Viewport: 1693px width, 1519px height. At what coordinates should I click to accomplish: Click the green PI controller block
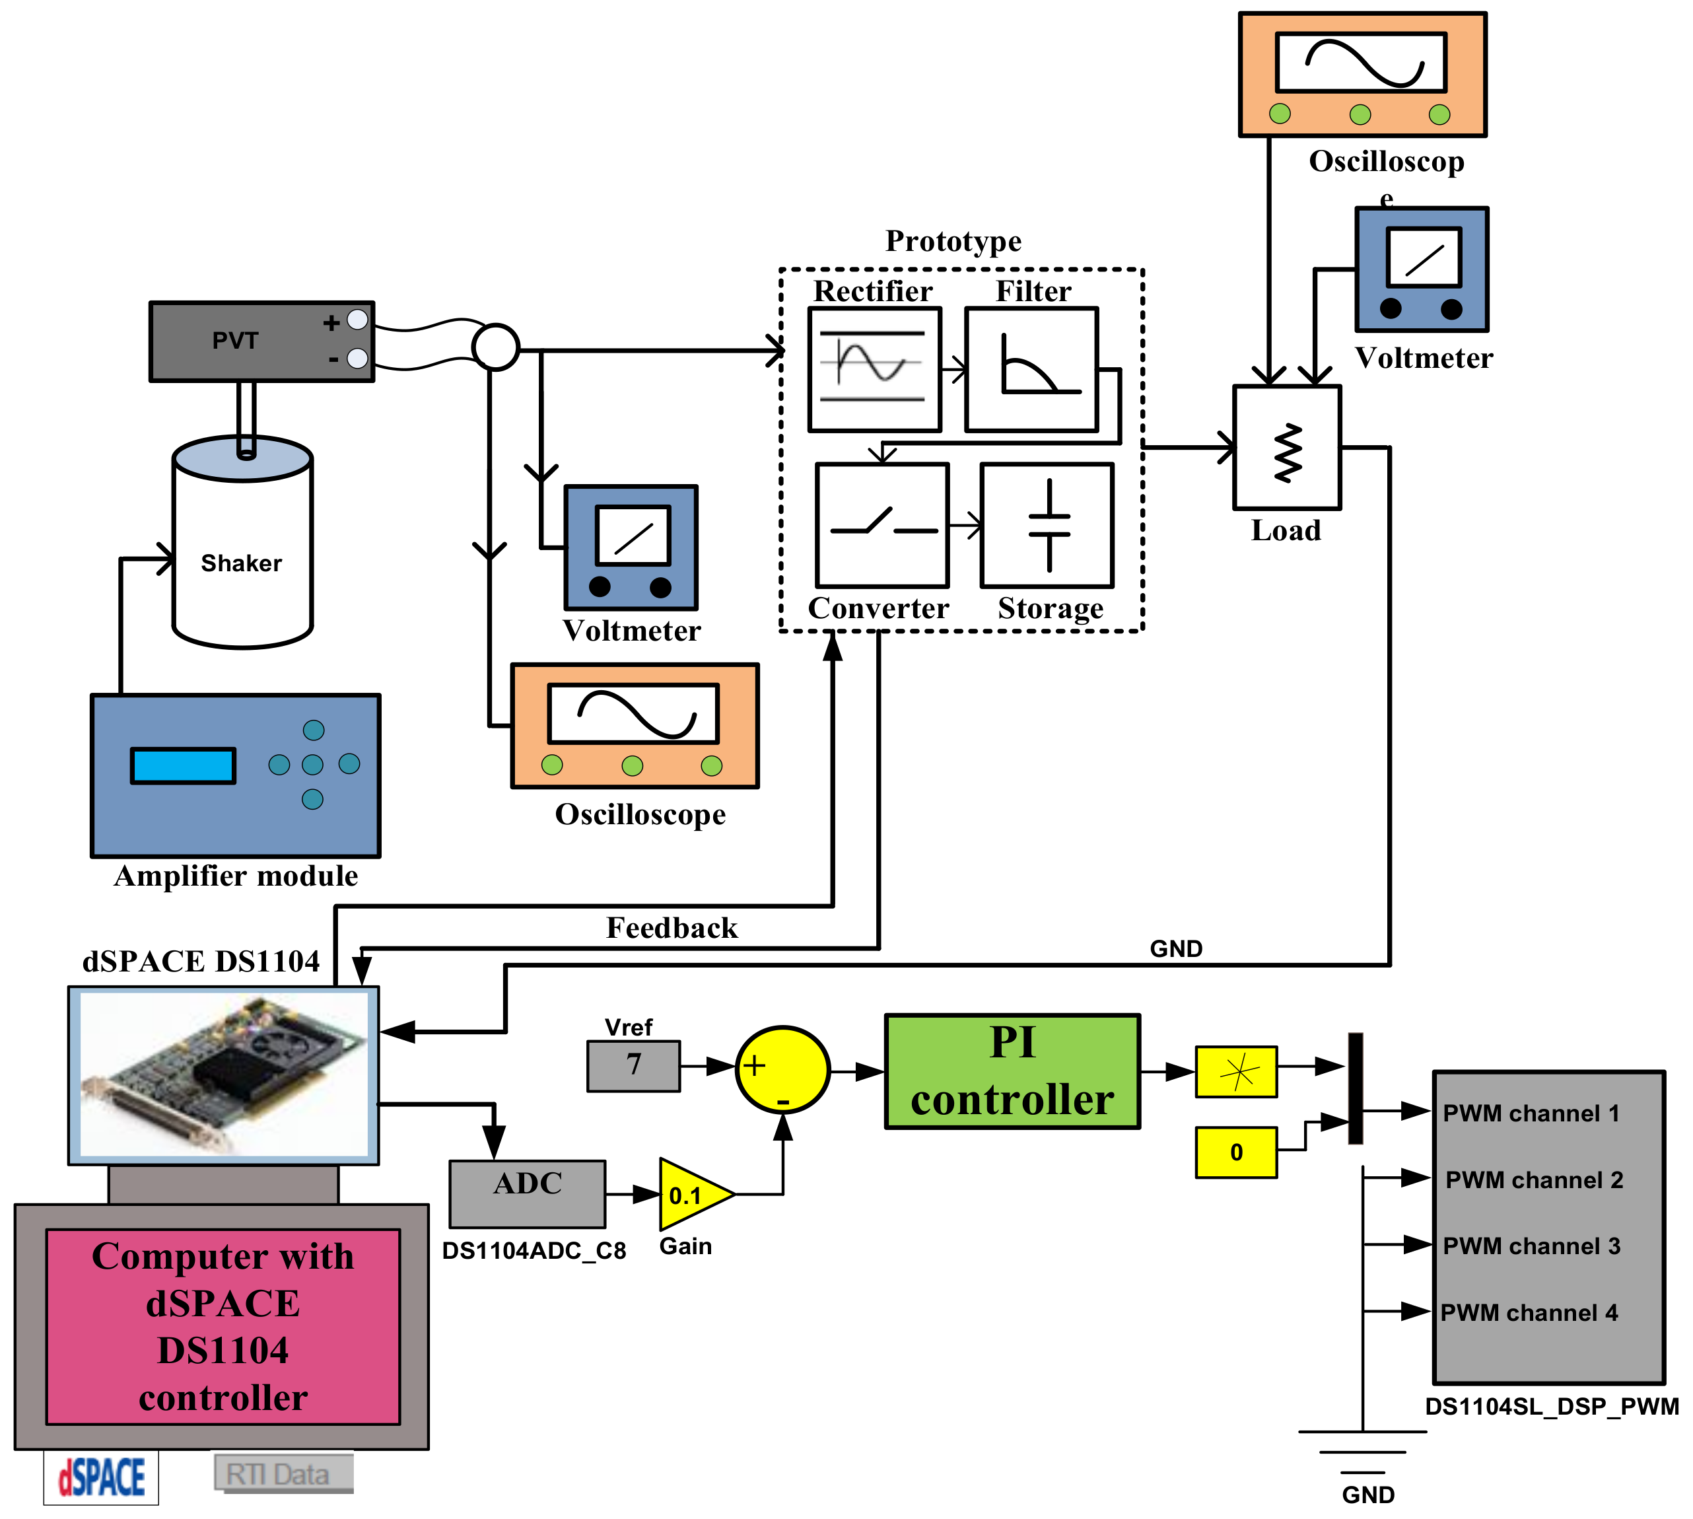click(x=1012, y=1072)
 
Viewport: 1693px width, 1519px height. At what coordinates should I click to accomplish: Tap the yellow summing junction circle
click(x=782, y=1069)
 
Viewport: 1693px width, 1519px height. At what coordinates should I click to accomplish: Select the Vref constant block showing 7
click(x=633, y=1066)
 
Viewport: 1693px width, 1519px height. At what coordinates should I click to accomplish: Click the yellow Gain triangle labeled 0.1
click(x=690, y=1194)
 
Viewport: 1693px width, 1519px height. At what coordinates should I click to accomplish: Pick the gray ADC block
click(x=528, y=1193)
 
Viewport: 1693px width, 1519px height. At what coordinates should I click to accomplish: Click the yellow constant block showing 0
click(x=1236, y=1152)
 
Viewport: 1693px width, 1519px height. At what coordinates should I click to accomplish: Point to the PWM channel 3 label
click(x=1531, y=1246)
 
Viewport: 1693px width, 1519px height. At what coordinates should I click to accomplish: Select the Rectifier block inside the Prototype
click(x=874, y=369)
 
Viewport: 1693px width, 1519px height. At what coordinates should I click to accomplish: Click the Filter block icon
click(x=1031, y=369)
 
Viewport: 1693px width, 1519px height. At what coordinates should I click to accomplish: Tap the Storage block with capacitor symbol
click(x=1047, y=526)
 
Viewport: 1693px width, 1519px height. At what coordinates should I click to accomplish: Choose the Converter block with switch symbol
click(x=882, y=526)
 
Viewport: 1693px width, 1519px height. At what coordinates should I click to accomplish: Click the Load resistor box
click(x=1287, y=447)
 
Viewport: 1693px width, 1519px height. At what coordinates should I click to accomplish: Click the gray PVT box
click(x=250, y=341)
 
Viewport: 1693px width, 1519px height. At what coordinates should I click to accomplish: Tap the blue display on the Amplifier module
click(x=183, y=765)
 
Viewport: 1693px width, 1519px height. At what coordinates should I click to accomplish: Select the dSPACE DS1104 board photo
click(x=224, y=1075)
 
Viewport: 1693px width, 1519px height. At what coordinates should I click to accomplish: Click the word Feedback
click(x=672, y=928)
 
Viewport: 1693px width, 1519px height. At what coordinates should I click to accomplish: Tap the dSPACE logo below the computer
click(x=101, y=1477)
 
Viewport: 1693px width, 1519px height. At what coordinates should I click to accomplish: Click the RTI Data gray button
click(x=283, y=1475)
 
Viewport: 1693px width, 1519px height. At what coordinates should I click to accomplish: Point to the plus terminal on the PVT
click(x=357, y=320)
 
